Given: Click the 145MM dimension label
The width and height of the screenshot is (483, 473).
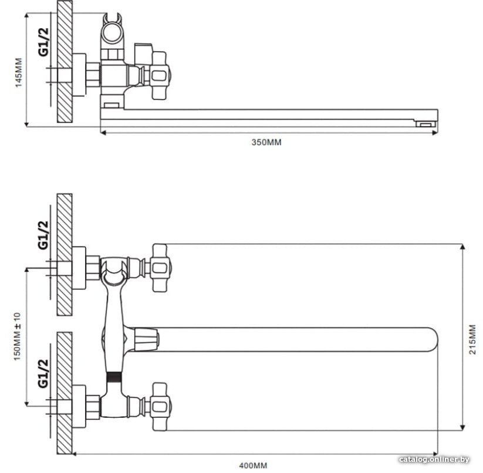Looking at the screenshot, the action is (19, 72).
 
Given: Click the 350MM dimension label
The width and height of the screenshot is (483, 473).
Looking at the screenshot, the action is (266, 142).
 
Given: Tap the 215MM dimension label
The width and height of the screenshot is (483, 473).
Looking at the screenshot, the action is (472, 339).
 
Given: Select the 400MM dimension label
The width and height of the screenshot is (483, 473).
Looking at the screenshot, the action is (253, 465).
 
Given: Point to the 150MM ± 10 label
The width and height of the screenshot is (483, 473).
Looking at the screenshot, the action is (17, 337).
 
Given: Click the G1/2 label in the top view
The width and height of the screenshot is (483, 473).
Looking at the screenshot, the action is (43, 42).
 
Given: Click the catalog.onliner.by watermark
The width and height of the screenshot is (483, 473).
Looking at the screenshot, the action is (434, 460).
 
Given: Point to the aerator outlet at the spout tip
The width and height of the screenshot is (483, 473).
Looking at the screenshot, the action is (426, 124).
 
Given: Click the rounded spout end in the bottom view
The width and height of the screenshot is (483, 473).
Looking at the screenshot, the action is (431, 339).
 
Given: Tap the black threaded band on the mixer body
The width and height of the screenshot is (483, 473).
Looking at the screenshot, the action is (114, 377).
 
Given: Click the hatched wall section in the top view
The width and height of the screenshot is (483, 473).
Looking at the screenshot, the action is (65, 61).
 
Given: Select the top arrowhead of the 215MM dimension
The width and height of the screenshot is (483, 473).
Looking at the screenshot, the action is (462, 247).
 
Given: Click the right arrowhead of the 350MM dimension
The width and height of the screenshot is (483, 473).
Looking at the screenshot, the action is (435, 133).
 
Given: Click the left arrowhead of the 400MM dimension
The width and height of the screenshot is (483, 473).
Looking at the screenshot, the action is (75, 454).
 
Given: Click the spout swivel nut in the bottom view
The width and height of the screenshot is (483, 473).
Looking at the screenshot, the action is (147, 339).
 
